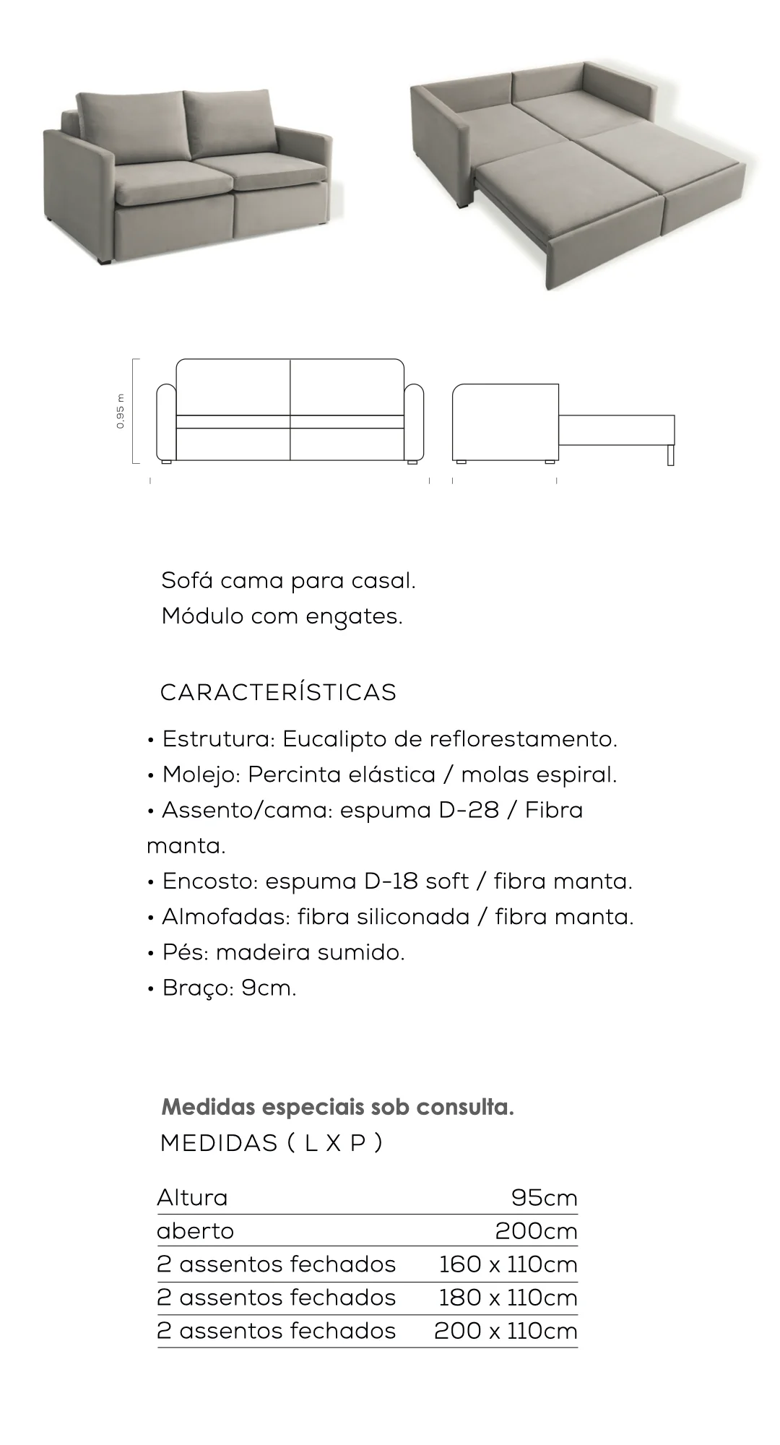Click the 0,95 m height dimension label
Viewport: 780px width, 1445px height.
pos(121,410)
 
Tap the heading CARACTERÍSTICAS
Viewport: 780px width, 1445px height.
pos(278,692)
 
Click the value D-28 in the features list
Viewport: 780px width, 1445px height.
pos(469,810)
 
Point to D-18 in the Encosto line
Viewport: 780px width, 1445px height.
pos(391,881)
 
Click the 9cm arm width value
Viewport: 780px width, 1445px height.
pos(269,988)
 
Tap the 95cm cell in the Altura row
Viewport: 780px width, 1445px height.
pos(544,1198)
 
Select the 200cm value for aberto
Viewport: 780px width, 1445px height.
pos(536,1230)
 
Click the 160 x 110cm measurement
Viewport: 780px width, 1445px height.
pos(508,1264)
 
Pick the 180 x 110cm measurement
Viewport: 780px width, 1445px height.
pos(508,1297)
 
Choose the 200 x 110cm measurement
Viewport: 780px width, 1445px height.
pos(506,1330)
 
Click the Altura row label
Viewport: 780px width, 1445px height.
pos(192,1198)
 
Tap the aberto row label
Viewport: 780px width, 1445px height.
pos(195,1230)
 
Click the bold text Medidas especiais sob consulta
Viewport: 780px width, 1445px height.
pos(337,1107)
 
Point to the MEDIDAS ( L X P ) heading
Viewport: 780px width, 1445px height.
pos(271,1143)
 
